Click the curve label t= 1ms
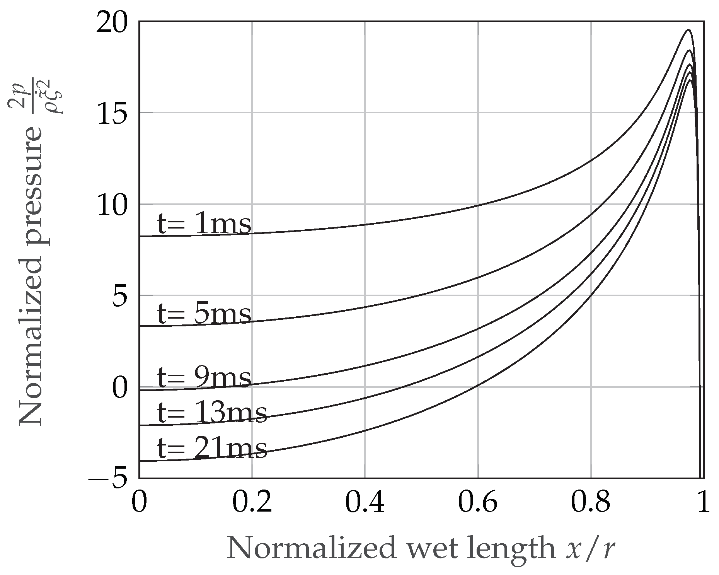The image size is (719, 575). coord(204,225)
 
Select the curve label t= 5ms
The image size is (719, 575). coord(204,314)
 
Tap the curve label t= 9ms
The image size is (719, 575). coord(204,378)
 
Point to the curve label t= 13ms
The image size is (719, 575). coord(212,413)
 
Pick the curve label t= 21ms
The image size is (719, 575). coord(212,448)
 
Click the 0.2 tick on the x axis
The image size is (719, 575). coord(252,503)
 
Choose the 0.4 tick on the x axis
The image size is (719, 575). coord(365,503)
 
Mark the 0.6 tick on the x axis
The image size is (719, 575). coord(478,503)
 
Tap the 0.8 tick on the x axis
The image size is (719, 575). coord(591,503)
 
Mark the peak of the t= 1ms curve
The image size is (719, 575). coord(688,30)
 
